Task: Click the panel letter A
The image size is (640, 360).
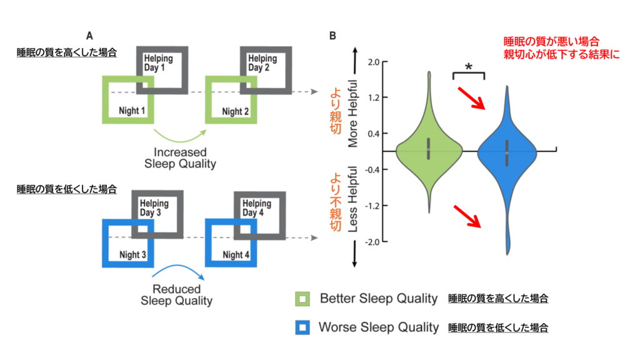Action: [x=89, y=36]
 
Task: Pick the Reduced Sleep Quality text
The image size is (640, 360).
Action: [x=177, y=295]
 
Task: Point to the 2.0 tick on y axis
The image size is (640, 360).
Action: [x=374, y=62]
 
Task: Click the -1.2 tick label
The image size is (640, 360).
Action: [x=373, y=206]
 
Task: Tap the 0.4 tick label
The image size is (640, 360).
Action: [x=374, y=134]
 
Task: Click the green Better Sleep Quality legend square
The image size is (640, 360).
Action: [x=303, y=299]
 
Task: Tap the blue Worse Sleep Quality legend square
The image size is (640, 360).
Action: [x=303, y=327]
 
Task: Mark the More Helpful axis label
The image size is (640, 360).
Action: [x=353, y=114]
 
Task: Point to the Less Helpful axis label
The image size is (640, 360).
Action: [x=353, y=199]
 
